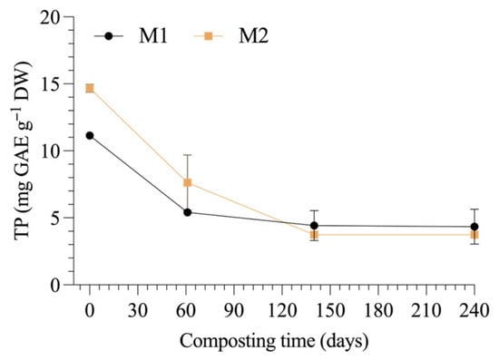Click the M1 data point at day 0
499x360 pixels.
click(x=90, y=135)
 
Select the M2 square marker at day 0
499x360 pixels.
click(x=90, y=88)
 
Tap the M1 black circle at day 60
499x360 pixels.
click(x=188, y=212)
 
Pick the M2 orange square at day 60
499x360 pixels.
click(x=188, y=182)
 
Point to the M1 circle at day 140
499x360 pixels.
click(x=314, y=226)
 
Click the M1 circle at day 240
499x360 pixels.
click(x=475, y=227)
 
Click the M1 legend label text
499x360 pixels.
click(x=153, y=36)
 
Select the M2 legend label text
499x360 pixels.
click(x=254, y=36)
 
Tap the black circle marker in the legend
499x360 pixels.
click(x=109, y=36)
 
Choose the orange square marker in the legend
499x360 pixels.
click(x=208, y=36)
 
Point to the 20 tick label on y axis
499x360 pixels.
click(x=51, y=18)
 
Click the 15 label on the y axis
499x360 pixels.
click(x=51, y=84)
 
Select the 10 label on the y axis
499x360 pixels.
click(x=51, y=151)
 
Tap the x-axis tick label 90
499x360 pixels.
click(x=234, y=310)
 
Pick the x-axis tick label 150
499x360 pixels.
click(x=330, y=310)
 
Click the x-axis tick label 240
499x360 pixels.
click(x=474, y=310)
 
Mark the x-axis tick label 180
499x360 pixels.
click(x=378, y=310)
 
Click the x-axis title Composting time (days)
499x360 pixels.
click(x=274, y=342)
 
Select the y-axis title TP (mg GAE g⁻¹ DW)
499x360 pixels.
click(x=24, y=150)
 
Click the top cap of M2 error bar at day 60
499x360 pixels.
click(x=188, y=155)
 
